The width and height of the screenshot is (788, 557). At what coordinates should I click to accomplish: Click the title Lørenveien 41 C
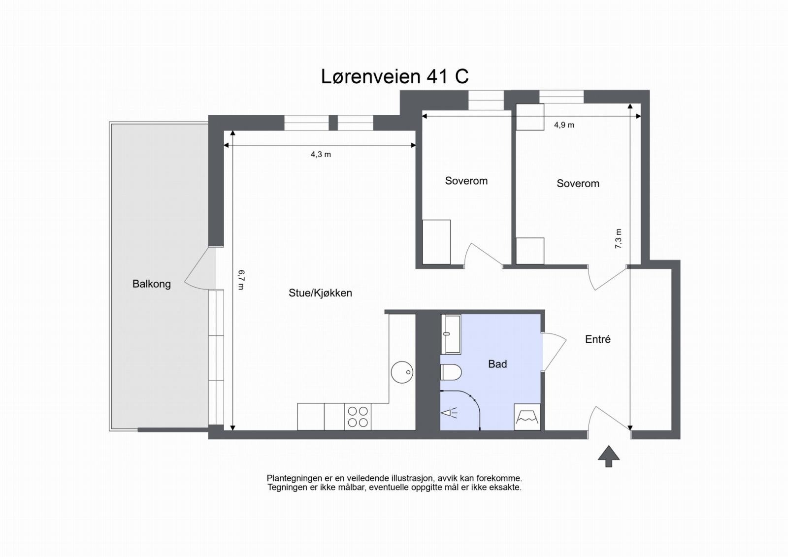394,76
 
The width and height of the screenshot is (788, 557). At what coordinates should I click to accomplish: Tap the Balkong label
151,284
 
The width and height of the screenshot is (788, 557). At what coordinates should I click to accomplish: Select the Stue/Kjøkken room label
320,293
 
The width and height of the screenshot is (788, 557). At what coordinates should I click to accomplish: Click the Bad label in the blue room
497,364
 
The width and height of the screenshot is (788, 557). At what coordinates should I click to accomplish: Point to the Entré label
597,339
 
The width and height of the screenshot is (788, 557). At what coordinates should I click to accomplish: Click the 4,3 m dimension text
321,155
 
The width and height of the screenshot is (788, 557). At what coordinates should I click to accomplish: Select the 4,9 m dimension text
564,125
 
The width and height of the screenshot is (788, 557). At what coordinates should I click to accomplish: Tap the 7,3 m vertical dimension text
619,238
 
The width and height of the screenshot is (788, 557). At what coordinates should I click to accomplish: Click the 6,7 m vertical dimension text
241,279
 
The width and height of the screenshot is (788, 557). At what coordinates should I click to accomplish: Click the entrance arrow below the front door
609,456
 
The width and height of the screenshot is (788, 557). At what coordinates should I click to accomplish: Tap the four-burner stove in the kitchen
358,417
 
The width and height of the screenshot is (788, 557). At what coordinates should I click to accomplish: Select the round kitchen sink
402,372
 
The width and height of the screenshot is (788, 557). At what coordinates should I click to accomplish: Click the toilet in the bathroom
450,372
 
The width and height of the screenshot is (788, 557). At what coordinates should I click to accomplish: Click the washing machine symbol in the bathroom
527,417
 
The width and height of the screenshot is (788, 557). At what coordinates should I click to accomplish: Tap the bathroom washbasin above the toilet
450,334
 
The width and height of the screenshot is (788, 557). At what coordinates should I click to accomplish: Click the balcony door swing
199,276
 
